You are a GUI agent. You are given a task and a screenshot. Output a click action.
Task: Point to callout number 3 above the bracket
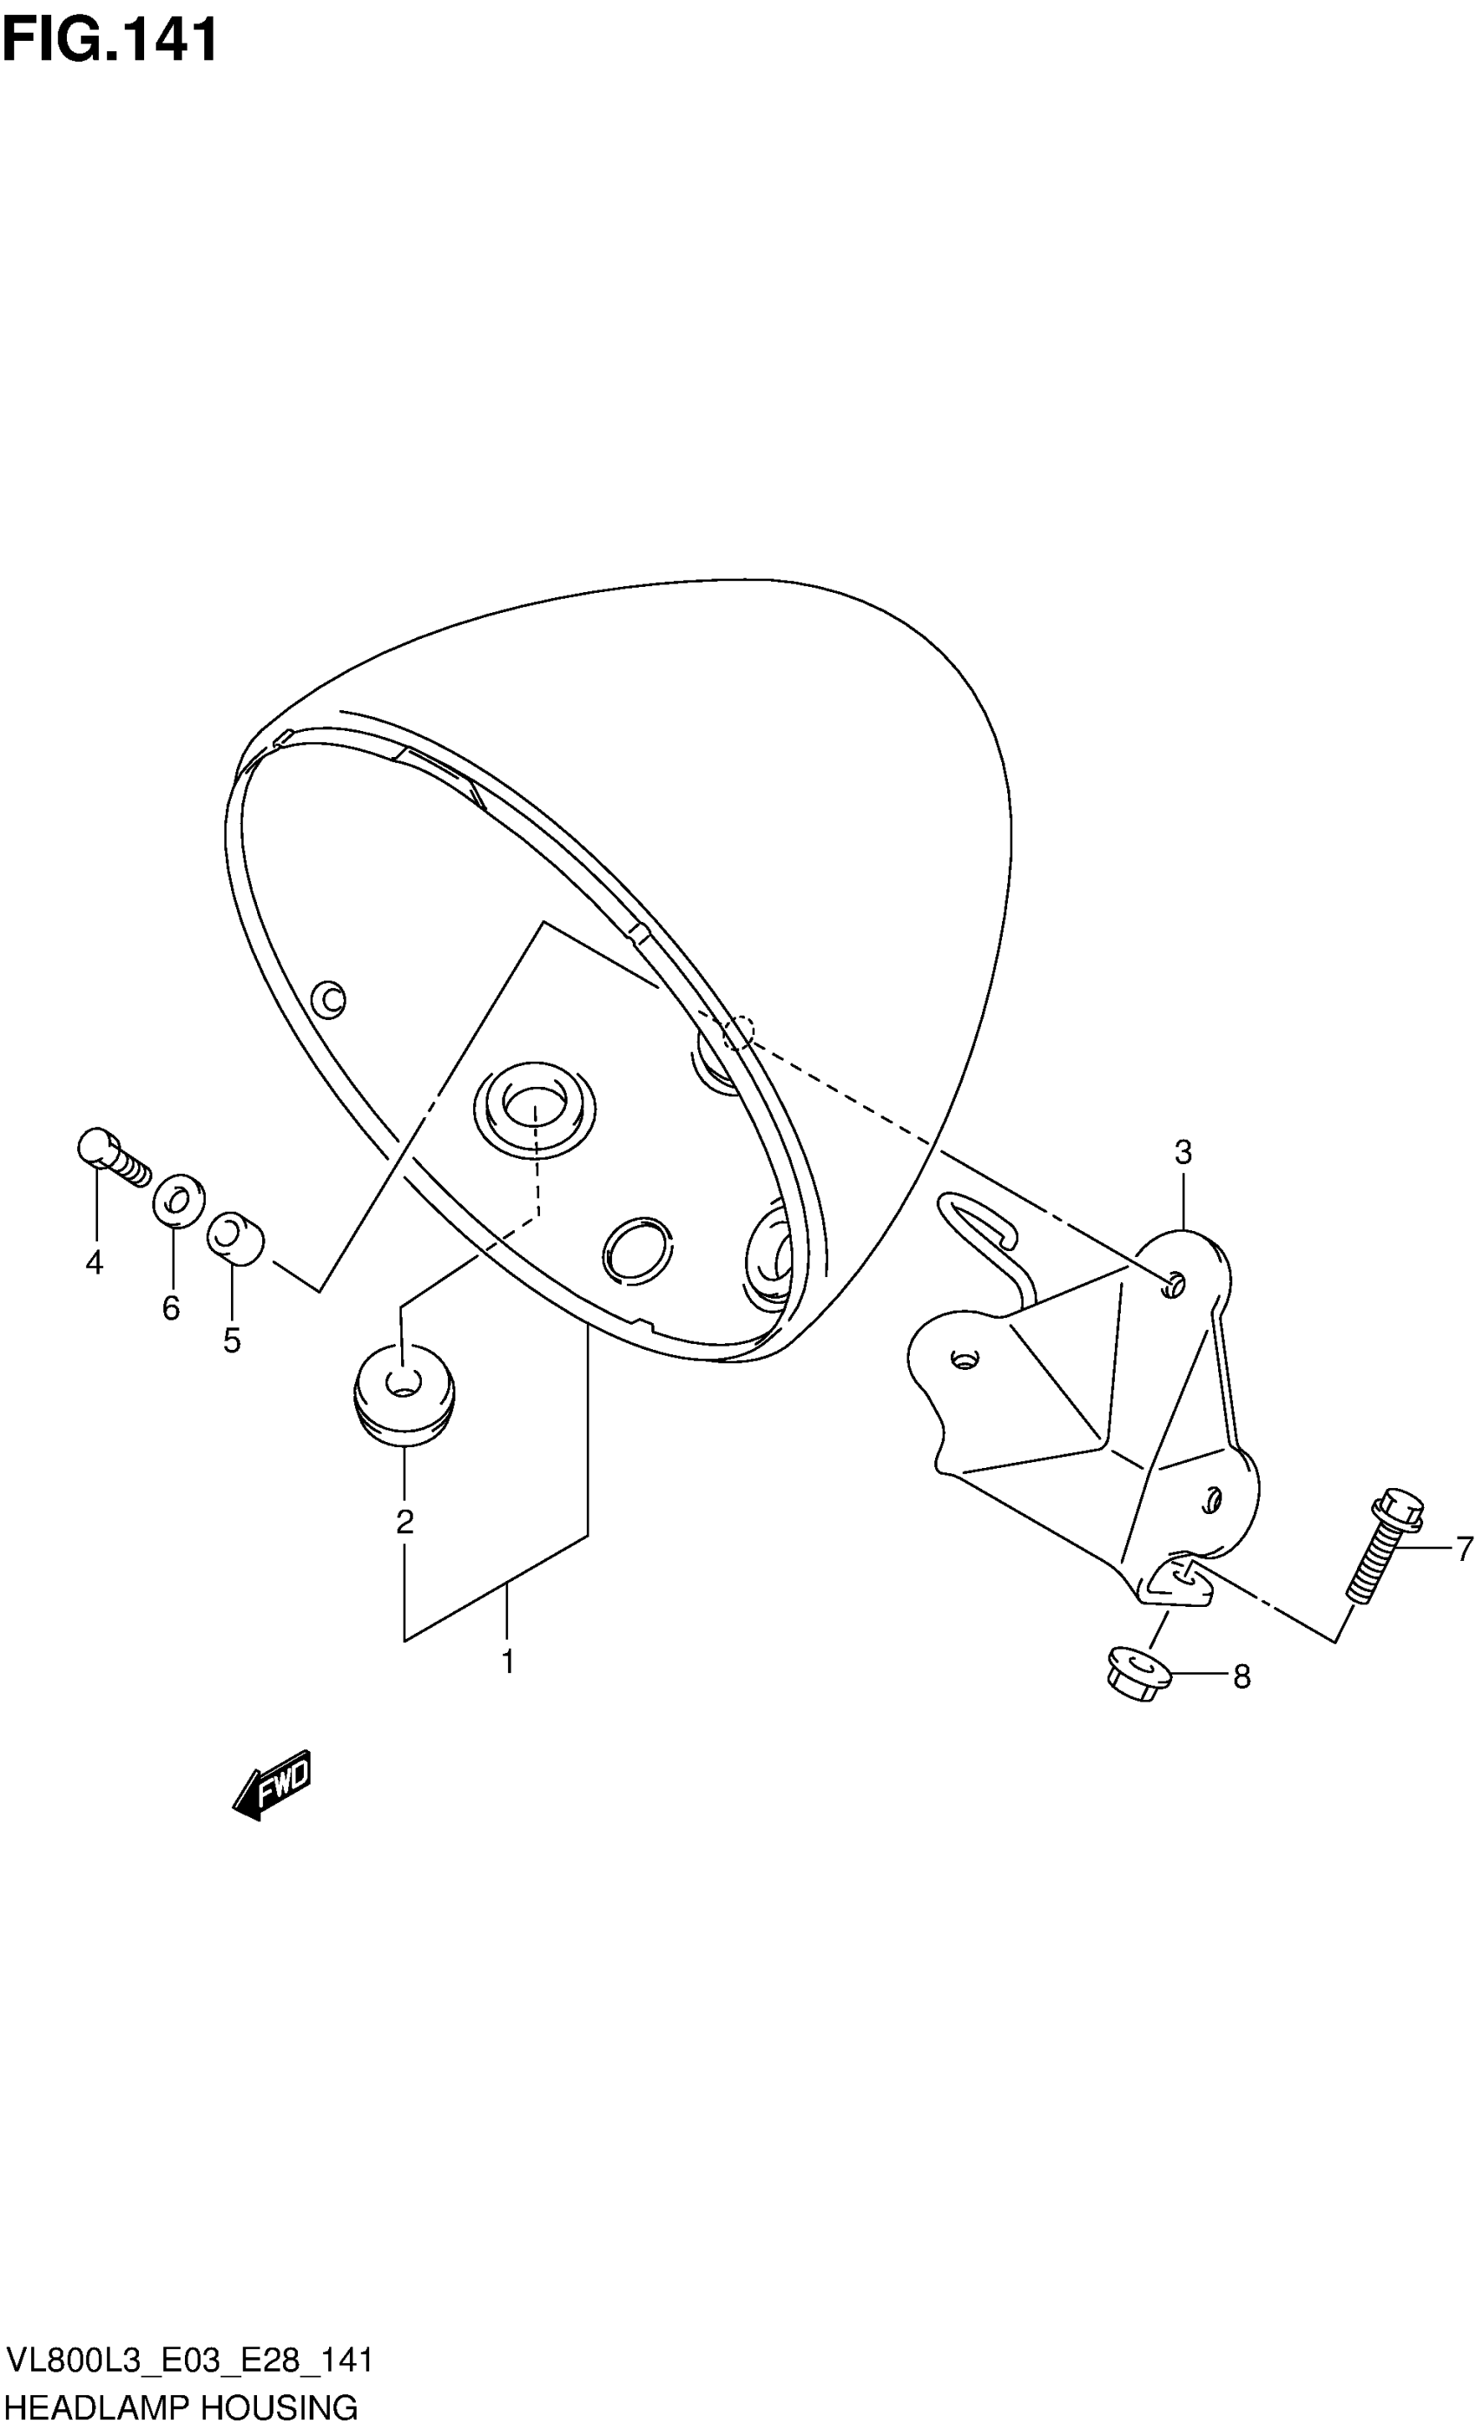point(1183,1152)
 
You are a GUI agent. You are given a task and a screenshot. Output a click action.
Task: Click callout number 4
point(94,1262)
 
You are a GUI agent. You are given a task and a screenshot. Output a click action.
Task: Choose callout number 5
point(231,1340)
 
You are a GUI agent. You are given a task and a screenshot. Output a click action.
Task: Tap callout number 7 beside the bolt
point(1464,1548)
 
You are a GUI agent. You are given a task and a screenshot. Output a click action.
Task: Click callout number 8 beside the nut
point(1242,1676)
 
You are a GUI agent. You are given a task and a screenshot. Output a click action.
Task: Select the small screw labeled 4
point(113,1156)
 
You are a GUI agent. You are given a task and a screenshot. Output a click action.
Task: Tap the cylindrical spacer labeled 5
point(235,1238)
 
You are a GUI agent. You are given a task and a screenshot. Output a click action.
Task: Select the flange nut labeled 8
point(1138,1672)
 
